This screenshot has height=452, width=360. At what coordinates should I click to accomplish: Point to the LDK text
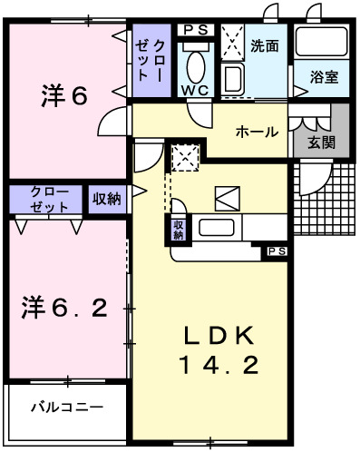click(x=216, y=336)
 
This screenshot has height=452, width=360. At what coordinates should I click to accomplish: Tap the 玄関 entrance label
click(x=320, y=142)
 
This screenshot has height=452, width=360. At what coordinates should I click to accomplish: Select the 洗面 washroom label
click(x=265, y=44)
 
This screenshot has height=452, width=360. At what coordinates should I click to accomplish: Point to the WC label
click(x=196, y=91)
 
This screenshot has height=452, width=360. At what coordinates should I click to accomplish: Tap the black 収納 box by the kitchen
click(x=178, y=230)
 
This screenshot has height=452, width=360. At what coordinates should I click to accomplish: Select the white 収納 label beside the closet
click(x=106, y=199)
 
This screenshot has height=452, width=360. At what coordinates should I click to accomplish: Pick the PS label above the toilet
click(x=195, y=30)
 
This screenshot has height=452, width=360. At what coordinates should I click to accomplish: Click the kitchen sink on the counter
click(x=218, y=229)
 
